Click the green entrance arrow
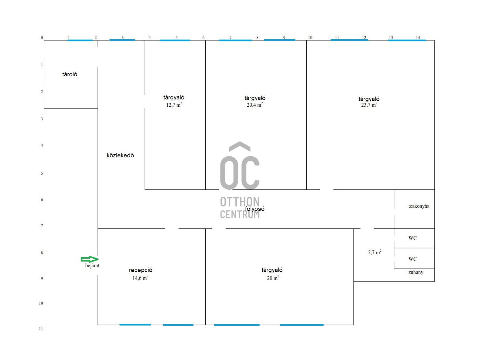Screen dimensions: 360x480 pyautogui.click(x=90, y=259)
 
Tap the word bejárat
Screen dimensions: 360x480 pyautogui.click(x=92, y=266)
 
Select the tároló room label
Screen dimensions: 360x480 pyautogui.click(x=70, y=74)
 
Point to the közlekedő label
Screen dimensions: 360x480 pyautogui.click(x=120, y=155)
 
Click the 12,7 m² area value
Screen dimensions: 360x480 pyautogui.click(x=174, y=105)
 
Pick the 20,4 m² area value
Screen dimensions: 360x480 pyautogui.click(x=255, y=105)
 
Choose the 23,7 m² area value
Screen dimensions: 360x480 pyautogui.click(x=369, y=105)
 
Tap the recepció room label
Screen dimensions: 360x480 pyautogui.click(x=140, y=270)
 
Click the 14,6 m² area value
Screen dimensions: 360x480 pyautogui.click(x=140, y=278)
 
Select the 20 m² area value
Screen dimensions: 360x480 pyautogui.click(x=272, y=278)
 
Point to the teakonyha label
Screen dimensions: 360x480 pyautogui.click(x=419, y=206)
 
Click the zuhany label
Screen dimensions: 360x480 pyautogui.click(x=416, y=272)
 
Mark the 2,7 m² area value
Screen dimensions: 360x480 pyautogui.click(x=374, y=252)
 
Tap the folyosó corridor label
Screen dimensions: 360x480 pyautogui.click(x=255, y=209)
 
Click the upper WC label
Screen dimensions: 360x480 pyautogui.click(x=413, y=238)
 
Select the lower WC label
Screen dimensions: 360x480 pyautogui.click(x=413, y=259)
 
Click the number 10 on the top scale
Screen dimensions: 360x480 pyautogui.click(x=310, y=37)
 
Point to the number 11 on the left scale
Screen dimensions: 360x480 pyautogui.click(x=41, y=329)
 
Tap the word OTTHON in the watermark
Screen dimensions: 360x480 pyautogui.click(x=240, y=202)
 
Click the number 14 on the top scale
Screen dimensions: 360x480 pyautogui.click(x=418, y=37)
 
